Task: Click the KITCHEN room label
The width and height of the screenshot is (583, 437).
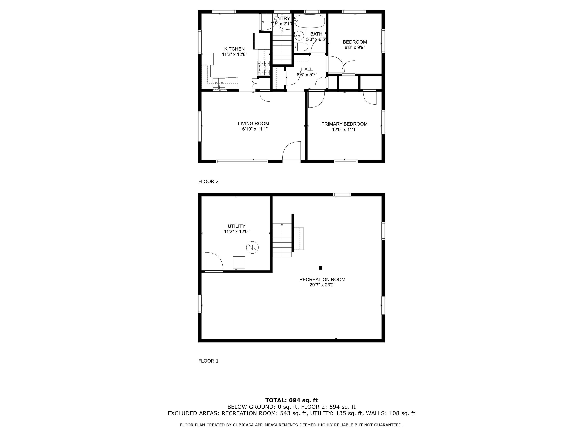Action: (x=234, y=49)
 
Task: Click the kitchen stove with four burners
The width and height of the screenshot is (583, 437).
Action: (x=264, y=68)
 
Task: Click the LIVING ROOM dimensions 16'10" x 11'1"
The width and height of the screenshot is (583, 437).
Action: (x=254, y=129)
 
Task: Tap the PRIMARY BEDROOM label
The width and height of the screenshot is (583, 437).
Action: (x=344, y=124)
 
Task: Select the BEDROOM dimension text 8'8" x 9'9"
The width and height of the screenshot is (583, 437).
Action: (x=355, y=47)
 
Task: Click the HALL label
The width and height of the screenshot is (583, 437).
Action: (x=307, y=69)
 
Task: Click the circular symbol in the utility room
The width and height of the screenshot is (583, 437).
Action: (x=252, y=247)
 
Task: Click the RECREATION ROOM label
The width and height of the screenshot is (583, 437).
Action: (x=322, y=280)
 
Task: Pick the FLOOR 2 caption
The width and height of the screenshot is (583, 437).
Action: (x=209, y=182)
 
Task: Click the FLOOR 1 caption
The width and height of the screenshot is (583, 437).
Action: (x=209, y=361)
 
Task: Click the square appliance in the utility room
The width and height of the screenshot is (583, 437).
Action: (x=239, y=263)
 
